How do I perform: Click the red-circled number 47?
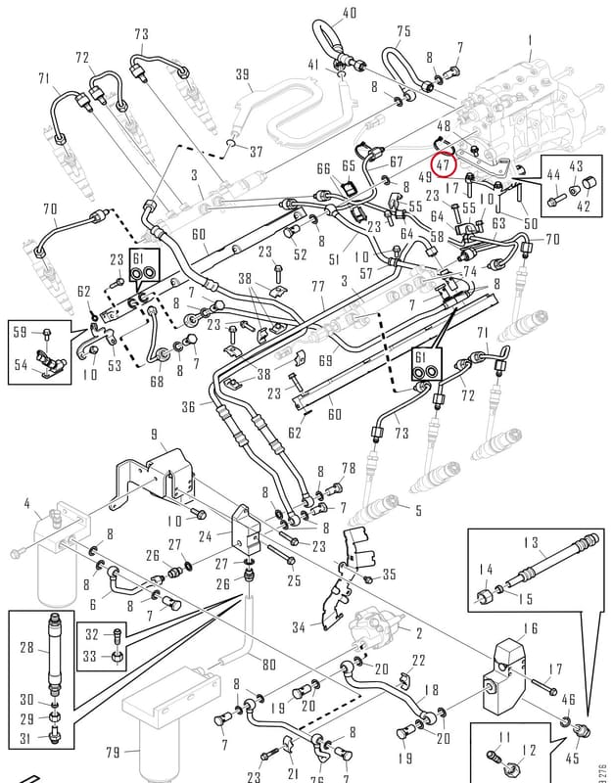click(x=444, y=165)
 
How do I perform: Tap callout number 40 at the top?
click(x=350, y=13)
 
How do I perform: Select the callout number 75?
click(x=403, y=31)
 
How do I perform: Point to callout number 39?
click(x=243, y=74)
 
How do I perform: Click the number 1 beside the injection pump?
click(x=530, y=40)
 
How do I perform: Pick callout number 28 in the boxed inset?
click(x=26, y=648)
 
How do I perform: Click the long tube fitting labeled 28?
click(x=54, y=652)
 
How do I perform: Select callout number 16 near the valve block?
click(x=530, y=627)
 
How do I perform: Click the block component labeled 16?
click(x=504, y=676)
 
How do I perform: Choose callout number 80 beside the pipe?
click(x=268, y=665)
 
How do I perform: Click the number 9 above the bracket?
click(x=155, y=435)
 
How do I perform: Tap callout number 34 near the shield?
click(x=299, y=626)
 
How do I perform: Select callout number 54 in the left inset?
click(x=21, y=365)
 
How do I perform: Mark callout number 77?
click(x=317, y=287)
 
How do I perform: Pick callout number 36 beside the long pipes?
click(x=188, y=406)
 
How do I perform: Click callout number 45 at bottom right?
click(x=572, y=758)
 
